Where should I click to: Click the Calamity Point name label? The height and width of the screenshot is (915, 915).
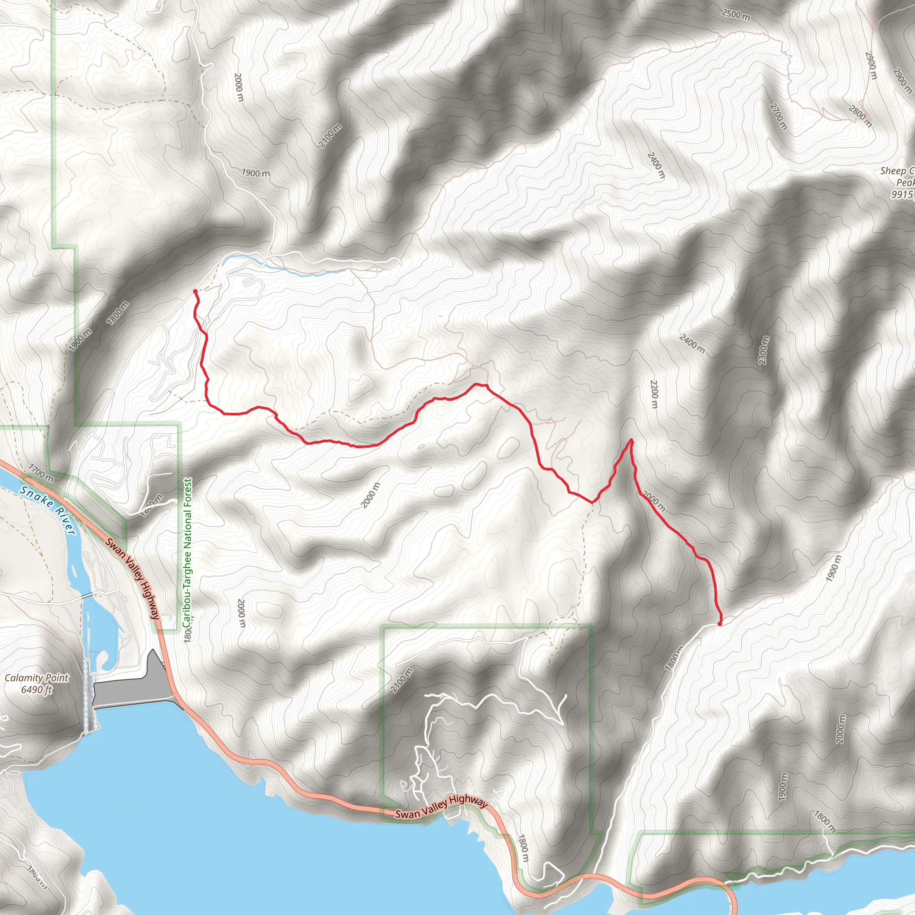[37, 678]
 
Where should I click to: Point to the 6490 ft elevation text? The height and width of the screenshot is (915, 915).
[37, 689]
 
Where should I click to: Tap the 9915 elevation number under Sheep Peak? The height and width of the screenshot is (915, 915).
[902, 194]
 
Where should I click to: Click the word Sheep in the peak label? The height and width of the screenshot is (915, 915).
[892, 171]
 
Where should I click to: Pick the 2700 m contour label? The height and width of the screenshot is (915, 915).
[779, 116]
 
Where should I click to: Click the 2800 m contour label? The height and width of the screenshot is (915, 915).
[860, 117]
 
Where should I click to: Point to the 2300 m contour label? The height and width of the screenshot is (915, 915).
[764, 350]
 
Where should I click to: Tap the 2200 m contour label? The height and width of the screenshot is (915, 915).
[654, 394]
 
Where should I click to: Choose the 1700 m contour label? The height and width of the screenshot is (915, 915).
[41, 473]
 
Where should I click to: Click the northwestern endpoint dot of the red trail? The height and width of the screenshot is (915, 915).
[195, 291]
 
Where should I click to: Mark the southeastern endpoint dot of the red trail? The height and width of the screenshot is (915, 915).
[720, 624]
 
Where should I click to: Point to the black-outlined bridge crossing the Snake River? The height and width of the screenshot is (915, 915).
[87, 595]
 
